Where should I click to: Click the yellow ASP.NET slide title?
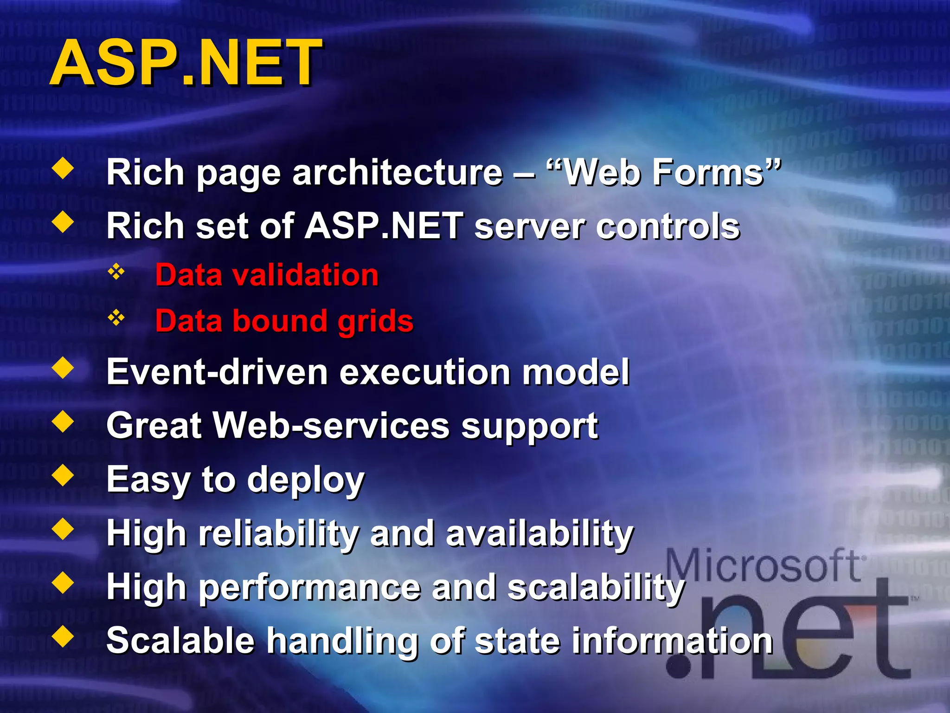pyautogui.click(x=186, y=63)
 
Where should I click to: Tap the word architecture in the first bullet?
pyautogui.click(x=397, y=173)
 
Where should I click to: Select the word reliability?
pyautogui.click(x=278, y=533)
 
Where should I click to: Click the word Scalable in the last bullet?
pyautogui.click(x=180, y=641)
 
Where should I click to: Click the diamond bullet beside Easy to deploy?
pyautogui.click(x=63, y=476)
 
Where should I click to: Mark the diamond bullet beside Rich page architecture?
pyautogui.click(x=63, y=169)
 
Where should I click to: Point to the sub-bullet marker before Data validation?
pyautogui.click(x=116, y=272)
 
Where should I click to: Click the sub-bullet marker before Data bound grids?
pyautogui.click(x=116, y=318)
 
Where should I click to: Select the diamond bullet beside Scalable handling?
pyautogui.click(x=63, y=637)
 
